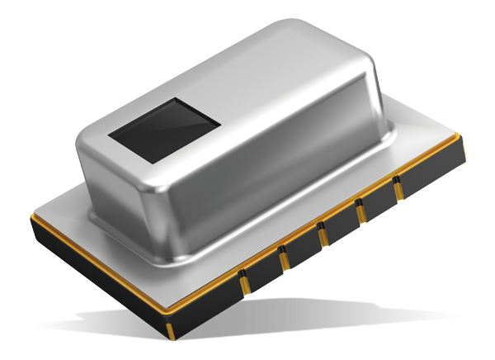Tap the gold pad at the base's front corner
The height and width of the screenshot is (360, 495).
coord(171,331)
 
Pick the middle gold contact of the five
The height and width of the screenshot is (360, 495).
coord(322,235)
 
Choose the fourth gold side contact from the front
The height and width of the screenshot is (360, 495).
coord(360,211)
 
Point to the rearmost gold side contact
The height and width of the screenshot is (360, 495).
coord(397,189)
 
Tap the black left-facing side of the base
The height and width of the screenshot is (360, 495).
coord(91,281)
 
